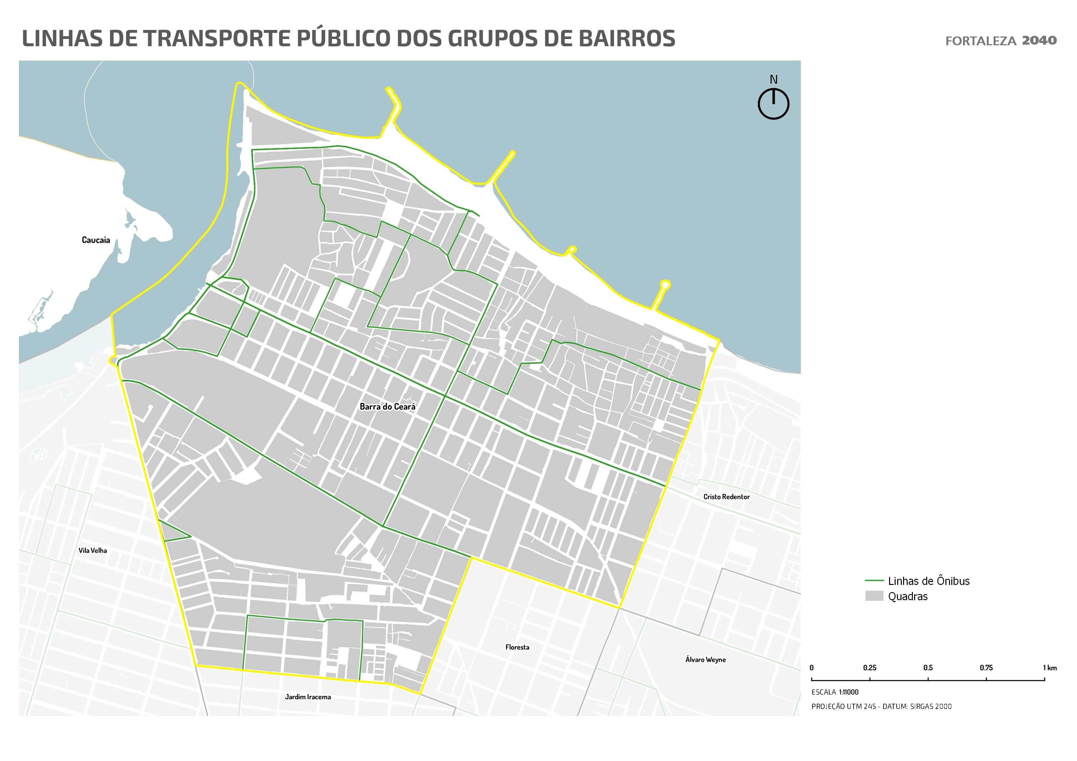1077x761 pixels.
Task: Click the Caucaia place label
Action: (96, 240)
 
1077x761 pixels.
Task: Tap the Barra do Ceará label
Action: (388, 407)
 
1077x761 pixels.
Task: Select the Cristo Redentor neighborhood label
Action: (726, 497)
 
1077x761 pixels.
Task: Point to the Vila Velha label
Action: (92, 550)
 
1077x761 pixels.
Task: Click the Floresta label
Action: (517, 647)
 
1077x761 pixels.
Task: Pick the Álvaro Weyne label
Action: (705, 660)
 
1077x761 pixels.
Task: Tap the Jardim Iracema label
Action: (308, 697)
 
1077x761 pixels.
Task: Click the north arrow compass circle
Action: (773, 104)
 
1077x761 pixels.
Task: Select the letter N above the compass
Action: (773, 80)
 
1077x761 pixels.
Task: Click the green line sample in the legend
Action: (874, 580)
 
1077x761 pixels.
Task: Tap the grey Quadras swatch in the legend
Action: (874, 596)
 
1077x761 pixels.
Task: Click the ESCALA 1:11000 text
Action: (835, 692)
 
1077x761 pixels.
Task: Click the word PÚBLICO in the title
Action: (343, 38)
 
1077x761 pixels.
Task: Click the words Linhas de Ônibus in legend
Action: (928, 581)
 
